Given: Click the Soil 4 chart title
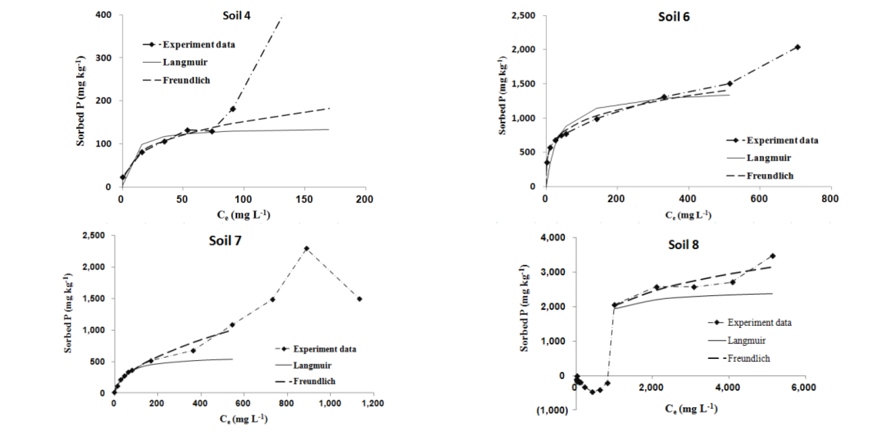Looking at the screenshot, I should [x=232, y=16].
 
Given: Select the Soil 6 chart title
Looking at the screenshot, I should [x=674, y=17].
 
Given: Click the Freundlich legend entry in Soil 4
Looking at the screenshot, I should [x=186, y=80].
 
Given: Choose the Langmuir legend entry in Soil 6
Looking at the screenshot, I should [x=768, y=158].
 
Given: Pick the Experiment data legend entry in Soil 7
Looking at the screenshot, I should [x=325, y=349].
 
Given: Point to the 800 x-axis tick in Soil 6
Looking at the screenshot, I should [x=830, y=198].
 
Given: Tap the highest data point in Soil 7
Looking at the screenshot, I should [x=306, y=248].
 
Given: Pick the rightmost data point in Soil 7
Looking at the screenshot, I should [x=359, y=299].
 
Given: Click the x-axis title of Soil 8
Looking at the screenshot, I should [x=689, y=409].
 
